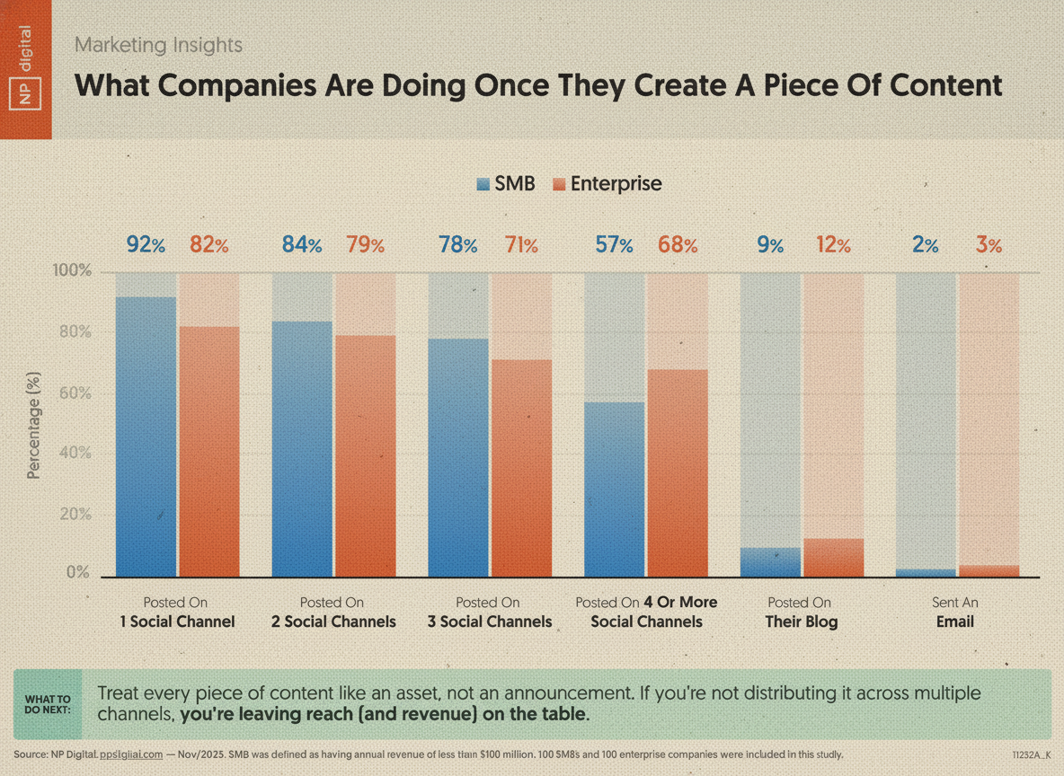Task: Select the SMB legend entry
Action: point(506,184)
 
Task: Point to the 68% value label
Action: point(678,244)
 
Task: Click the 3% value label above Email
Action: point(989,244)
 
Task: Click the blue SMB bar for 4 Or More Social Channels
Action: point(615,489)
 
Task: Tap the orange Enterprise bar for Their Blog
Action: point(833,558)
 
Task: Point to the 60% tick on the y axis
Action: point(73,392)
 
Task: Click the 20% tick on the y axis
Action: point(73,515)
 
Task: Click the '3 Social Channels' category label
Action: point(490,612)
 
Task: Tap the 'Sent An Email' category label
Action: point(955,612)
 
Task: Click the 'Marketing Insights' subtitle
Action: point(158,44)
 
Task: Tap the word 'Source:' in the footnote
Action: point(32,754)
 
